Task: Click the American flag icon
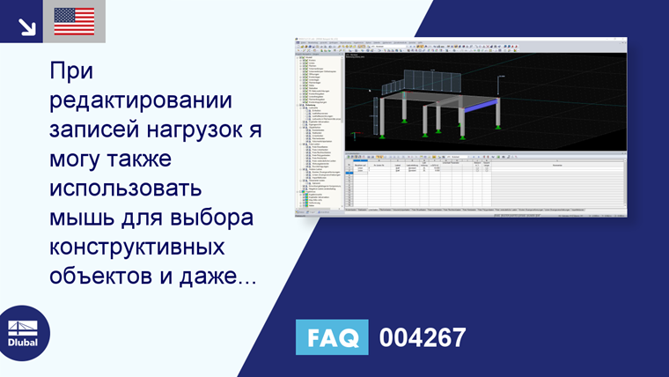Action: [x=74, y=21]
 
